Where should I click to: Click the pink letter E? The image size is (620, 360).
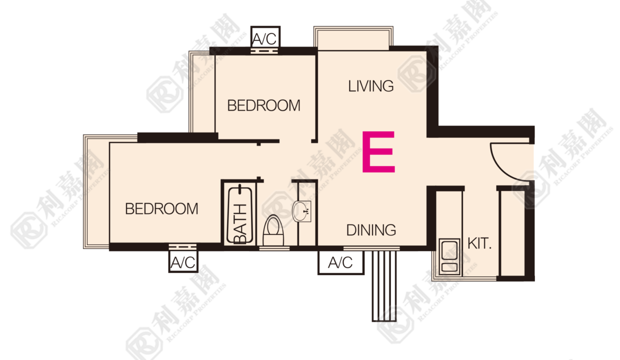tap(378, 151)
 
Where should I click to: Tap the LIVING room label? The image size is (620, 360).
tap(371, 86)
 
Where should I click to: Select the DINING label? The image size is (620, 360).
tap(371, 230)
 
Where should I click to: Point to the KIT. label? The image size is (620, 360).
tap(479, 243)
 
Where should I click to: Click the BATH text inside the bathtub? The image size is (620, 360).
tap(240, 224)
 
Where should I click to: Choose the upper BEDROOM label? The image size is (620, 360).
tap(264, 105)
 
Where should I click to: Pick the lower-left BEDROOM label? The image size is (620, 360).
tap(161, 208)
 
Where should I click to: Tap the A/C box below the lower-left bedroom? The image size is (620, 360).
tap(183, 261)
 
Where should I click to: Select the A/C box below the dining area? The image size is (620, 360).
tap(340, 262)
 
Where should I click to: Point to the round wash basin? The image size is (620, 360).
tap(301, 211)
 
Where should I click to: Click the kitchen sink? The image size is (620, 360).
tap(449, 256)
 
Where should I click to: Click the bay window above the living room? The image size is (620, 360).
tap(353, 38)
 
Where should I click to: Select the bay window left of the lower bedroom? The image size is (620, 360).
tap(96, 191)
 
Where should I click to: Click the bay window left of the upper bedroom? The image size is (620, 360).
tap(202, 91)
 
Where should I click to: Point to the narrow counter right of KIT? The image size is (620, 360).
tap(513, 233)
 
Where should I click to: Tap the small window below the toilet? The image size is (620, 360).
tap(274, 248)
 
